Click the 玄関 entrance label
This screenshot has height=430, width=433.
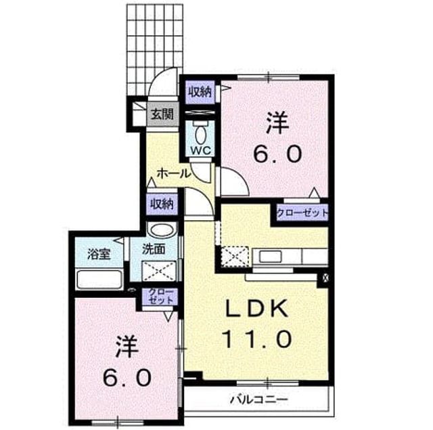click(162, 114)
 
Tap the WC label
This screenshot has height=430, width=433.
click(201, 150)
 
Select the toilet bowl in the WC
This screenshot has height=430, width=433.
click(200, 133)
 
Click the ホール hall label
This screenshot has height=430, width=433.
click(174, 174)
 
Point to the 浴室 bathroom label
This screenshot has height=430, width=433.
click(99, 254)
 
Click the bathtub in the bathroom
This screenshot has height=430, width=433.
click(99, 280)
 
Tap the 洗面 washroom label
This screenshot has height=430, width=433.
click(154, 249)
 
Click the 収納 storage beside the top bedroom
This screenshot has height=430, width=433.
click(200, 92)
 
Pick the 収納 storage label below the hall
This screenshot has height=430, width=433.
click(162, 205)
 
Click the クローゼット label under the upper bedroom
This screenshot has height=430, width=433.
click(302, 213)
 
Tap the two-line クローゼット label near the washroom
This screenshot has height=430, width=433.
click(160, 296)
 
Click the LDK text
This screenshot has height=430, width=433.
click(257, 308)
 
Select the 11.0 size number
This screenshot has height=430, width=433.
click(257, 339)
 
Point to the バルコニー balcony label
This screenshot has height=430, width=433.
click(259, 400)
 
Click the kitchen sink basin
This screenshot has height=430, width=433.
click(270, 257)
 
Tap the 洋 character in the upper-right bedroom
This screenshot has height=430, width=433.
click(278, 123)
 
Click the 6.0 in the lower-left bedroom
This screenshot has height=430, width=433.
click(127, 378)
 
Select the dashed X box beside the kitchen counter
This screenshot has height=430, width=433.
click(235, 257)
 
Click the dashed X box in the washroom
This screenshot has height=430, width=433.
click(159, 271)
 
